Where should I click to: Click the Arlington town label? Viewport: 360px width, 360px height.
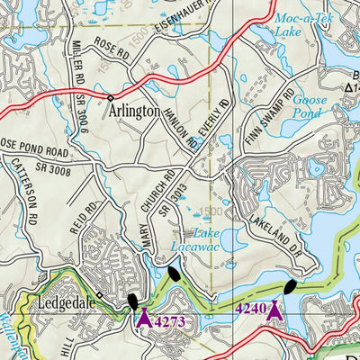click(134, 112)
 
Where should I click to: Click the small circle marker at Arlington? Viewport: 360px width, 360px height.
click(111, 97)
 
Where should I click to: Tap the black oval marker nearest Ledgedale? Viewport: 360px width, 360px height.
click(132, 302)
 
